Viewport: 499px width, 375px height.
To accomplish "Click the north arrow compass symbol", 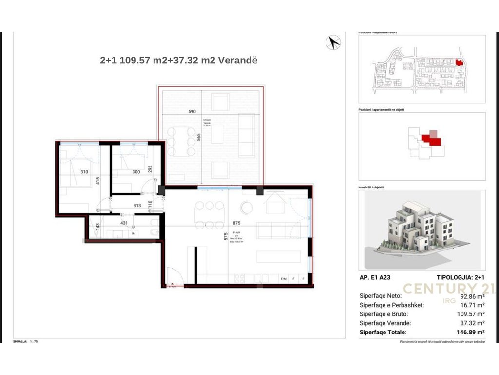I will [x=333, y=42].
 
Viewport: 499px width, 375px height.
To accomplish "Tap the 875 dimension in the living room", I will [x=237, y=222].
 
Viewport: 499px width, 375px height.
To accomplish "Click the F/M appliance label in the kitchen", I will [x=284, y=279].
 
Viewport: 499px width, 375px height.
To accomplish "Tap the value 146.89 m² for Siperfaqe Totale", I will [x=471, y=332].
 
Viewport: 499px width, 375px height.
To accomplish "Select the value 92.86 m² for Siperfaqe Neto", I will [x=471, y=296].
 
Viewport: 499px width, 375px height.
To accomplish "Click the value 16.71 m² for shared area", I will [x=472, y=305].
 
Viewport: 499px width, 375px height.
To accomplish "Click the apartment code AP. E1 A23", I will [x=374, y=277].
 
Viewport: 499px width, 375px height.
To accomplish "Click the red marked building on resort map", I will [x=459, y=62].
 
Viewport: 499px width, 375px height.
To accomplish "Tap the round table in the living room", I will [x=247, y=207].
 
